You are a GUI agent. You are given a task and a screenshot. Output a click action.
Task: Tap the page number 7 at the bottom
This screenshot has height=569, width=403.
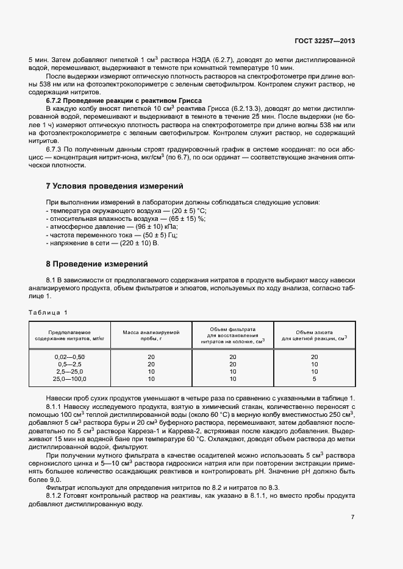click(352, 517)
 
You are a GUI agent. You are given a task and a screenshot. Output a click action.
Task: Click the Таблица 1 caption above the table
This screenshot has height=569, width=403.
click(48, 313)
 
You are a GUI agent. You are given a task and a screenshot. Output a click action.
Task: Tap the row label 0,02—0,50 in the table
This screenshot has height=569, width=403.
click(70, 357)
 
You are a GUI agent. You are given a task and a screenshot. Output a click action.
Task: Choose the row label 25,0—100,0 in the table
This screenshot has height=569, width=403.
click(70, 379)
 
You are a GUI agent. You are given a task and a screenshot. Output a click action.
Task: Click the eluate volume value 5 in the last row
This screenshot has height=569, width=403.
click(314, 379)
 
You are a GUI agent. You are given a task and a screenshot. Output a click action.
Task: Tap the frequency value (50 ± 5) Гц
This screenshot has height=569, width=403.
click(157, 235)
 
